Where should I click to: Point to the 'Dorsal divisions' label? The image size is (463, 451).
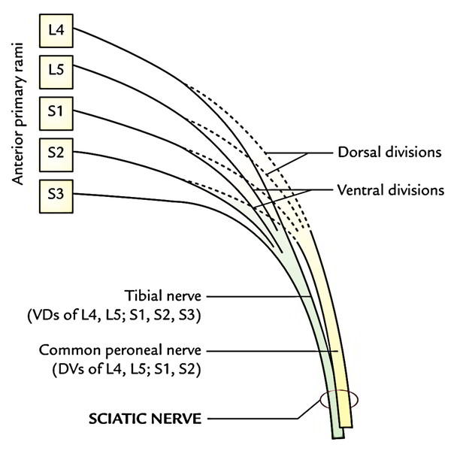(386, 153)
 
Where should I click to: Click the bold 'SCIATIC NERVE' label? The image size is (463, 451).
(156, 416)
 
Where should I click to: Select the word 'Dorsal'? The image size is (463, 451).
(355, 153)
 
